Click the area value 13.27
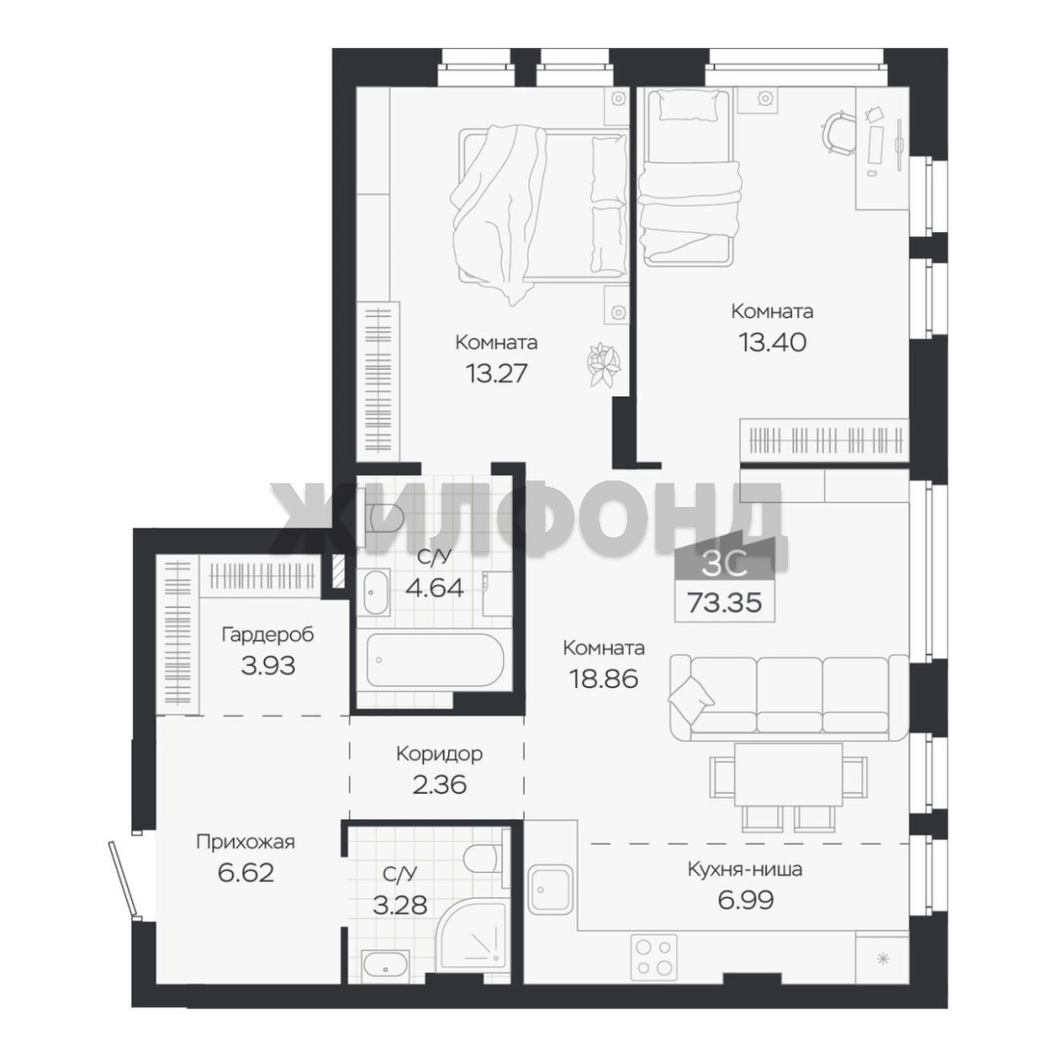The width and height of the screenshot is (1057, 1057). (496, 373)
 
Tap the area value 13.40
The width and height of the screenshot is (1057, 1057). (772, 343)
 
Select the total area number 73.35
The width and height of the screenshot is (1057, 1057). (724, 602)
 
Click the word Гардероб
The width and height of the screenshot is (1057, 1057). (267, 635)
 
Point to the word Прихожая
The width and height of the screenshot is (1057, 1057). (246, 842)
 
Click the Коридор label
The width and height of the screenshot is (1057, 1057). (439, 753)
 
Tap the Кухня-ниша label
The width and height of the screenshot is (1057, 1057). (745, 870)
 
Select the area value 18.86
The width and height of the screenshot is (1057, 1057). (604, 679)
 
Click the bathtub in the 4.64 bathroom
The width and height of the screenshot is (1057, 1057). (435, 660)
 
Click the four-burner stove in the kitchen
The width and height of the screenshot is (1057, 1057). (654, 957)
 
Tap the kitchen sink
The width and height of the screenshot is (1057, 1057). (550, 890)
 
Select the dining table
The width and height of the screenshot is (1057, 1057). (788, 774)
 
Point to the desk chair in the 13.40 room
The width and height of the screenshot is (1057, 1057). (839, 132)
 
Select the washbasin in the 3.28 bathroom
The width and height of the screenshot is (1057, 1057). (385, 965)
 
